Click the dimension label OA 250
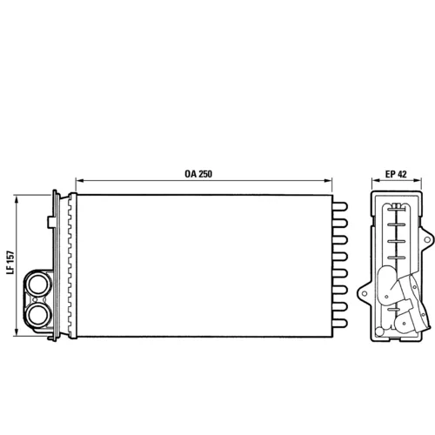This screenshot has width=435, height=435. coord(198,174)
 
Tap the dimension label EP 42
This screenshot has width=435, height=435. coord(396,174)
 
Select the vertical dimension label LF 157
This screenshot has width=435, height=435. coord(10,262)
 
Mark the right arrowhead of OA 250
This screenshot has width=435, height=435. coord(328,181)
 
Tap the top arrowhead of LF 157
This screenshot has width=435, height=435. coord(17,199)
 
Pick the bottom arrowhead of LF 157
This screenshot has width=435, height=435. coord(17,332)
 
